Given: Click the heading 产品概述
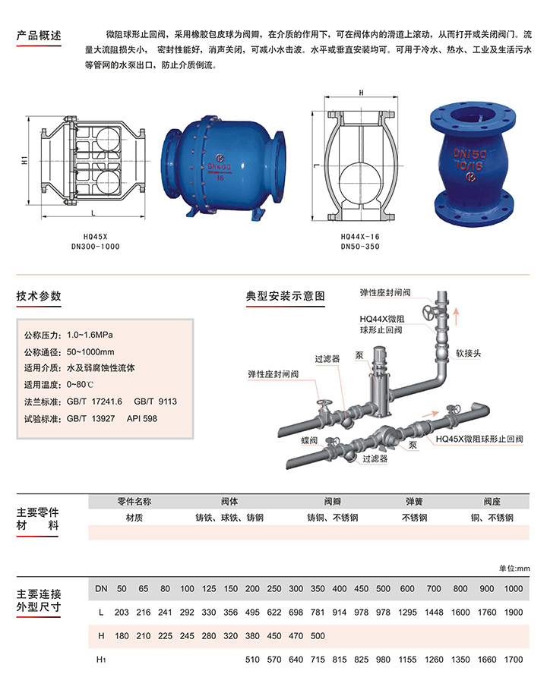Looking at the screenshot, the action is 39,36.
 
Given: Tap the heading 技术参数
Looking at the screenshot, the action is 39,296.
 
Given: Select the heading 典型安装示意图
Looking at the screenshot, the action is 286,296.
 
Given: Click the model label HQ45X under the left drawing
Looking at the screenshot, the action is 96,237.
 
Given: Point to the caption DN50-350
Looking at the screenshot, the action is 360,247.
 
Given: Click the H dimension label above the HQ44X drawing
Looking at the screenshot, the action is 362,93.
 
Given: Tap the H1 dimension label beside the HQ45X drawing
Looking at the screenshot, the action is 24,160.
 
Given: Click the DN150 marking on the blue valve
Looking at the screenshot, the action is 470,154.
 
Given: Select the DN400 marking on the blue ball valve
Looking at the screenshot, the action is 220,167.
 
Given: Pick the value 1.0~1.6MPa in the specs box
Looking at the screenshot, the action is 90,335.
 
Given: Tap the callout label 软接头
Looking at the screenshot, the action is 468,353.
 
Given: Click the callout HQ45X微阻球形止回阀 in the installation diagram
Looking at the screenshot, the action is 479,439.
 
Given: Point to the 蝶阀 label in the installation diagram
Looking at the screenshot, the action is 309,440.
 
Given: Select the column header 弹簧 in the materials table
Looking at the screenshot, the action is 414,502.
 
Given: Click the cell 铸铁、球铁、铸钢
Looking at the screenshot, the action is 229,518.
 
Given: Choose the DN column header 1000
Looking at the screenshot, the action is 514,589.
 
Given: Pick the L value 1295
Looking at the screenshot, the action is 407,612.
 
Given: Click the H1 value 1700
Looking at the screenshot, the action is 514,660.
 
